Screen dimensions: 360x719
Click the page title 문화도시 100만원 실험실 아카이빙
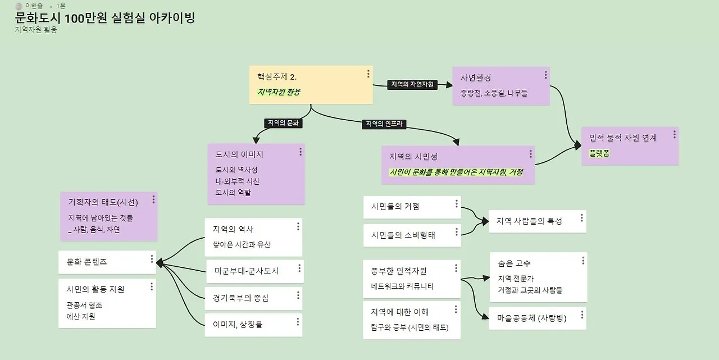click(x=105, y=18)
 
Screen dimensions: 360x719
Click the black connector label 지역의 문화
click(x=284, y=123)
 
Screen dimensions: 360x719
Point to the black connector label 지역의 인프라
click(x=385, y=124)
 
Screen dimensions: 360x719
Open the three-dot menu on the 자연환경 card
click(x=545, y=75)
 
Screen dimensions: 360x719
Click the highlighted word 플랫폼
click(x=599, y=153)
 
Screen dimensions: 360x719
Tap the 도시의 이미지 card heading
click(x=239, y=154)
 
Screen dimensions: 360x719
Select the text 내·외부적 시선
click(x=237, y=181)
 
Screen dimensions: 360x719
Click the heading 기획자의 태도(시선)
click(x=103, y=203)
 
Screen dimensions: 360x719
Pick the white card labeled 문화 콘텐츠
click(x=87, y=262)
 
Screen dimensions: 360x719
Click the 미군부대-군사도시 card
click(x=247, y=271)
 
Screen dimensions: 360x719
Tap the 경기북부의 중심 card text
click(x=240, y=298)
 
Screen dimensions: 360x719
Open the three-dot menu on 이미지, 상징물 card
click(x=298, y=322)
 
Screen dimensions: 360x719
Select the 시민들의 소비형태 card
click(x=403, y=235)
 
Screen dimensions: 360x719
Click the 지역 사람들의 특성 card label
click(x=529, y=221)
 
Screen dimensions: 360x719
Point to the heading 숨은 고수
click(x=514, y=263)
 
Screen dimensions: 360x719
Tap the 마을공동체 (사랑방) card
click(x=531, y=318)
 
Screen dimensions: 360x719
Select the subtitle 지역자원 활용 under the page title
click(x=36, y=30)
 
